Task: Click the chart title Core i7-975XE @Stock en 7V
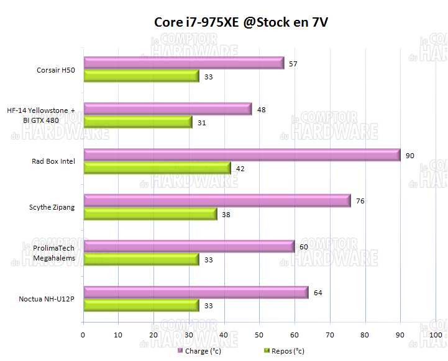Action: (241, 23)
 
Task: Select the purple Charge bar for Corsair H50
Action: (183, 63)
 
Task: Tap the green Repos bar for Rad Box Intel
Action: (157, 168)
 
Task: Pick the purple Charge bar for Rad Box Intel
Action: (242, 155)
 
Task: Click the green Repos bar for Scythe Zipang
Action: (150, 214)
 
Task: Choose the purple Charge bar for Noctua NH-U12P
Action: (196, 292)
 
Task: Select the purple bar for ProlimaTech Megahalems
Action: (189, 246)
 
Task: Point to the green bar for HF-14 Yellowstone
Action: (138, 122)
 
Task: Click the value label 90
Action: (410, 156)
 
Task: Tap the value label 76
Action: (360, 201)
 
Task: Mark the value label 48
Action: (262, 110)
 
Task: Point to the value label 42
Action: (240, 168)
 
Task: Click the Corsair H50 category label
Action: (56, 70)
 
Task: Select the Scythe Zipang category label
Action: (52, 207)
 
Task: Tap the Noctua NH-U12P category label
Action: (47, 299)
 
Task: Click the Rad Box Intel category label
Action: (53, 161)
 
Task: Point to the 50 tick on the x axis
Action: (259, 335)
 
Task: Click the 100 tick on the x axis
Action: (436, 335)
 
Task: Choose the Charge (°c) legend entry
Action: (199, 351)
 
